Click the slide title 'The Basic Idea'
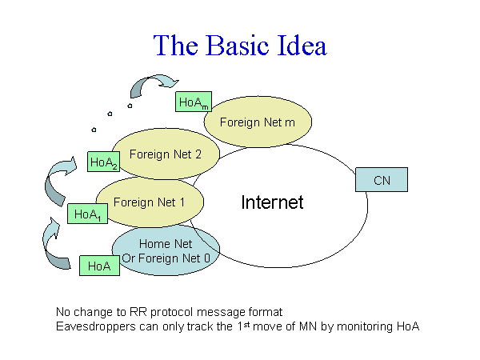coord(240,45)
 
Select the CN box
coord(382,180)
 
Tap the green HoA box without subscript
coord(100,266)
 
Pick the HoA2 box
coord(105,162)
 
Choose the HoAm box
coord(193,102)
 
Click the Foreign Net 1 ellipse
coord(150,202)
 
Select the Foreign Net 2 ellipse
coord(166,154)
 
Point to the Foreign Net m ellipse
coord(258,122)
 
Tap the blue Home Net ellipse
coord(166,250)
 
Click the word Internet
coord(272,202)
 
